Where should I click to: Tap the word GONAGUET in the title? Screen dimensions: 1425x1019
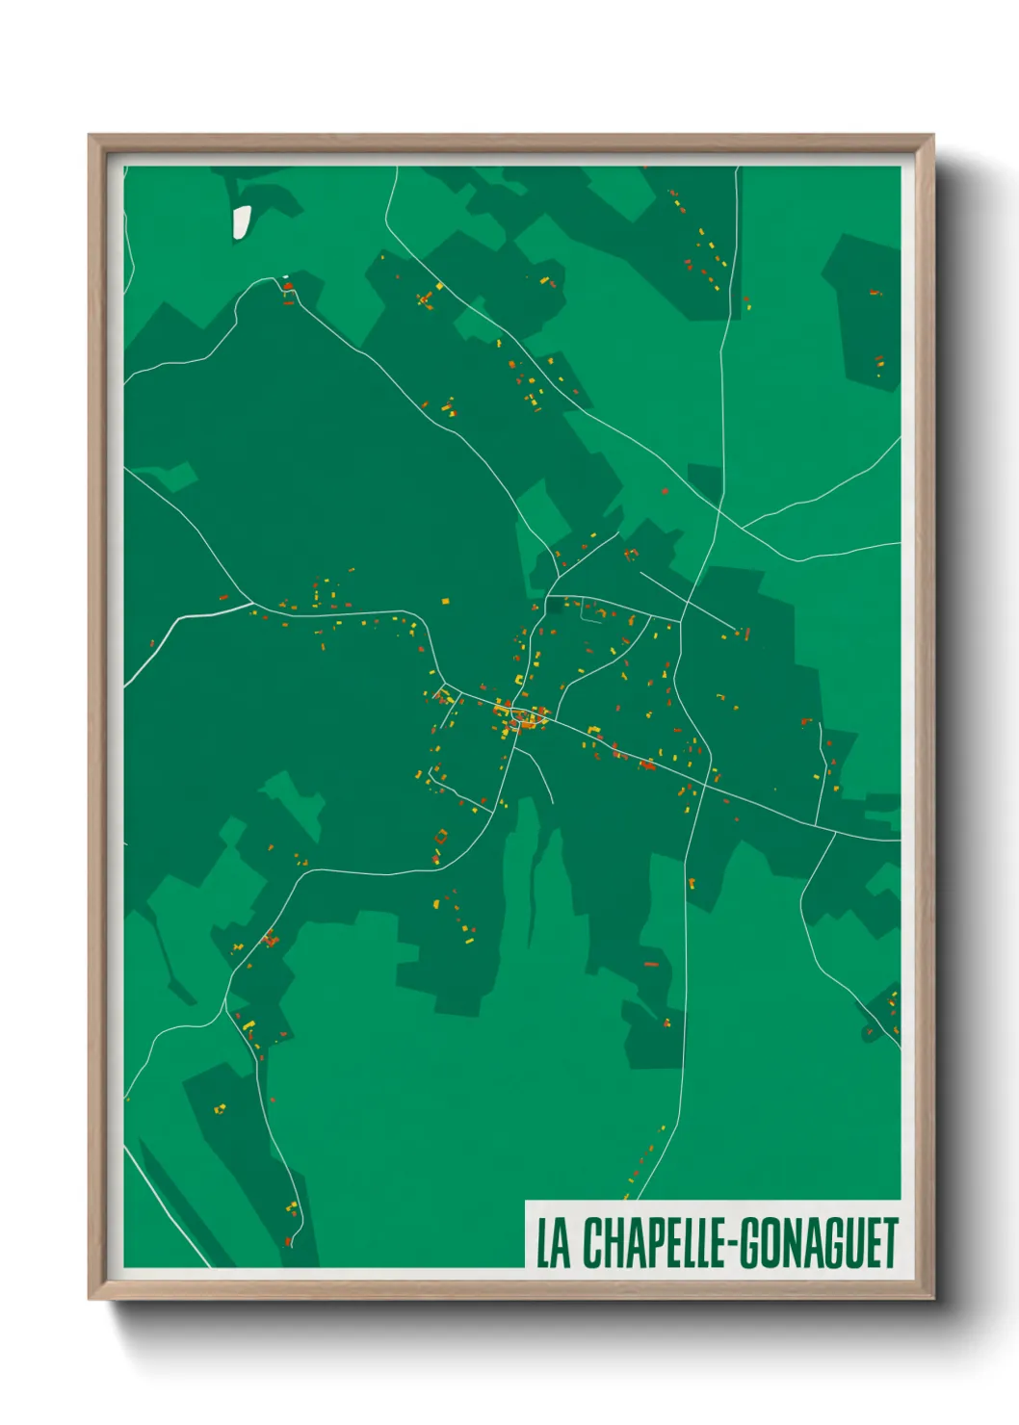(x=820, y=1243)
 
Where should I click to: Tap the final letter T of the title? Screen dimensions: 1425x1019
(x=890, y=1243)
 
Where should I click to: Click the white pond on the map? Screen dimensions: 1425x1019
(x=241, y=220)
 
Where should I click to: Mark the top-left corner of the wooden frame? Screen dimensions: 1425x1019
(x=90, y=136)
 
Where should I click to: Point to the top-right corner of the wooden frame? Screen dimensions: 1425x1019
(x=932, y=136)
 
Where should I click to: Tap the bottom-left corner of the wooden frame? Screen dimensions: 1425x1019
(x=90, y=1298)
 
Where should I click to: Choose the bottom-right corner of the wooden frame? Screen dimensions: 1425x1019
(x=932, y=1298)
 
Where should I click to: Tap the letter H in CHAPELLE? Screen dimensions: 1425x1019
(x=612, y=1243)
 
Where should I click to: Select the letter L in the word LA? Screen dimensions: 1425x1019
(x=543, y=1243)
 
